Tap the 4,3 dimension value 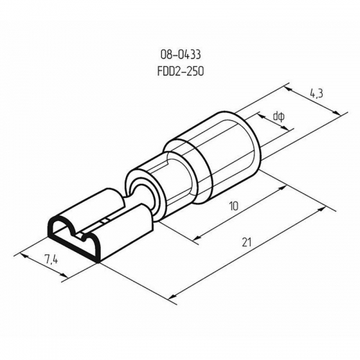pos(315,94)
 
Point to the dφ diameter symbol pos(279,115)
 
